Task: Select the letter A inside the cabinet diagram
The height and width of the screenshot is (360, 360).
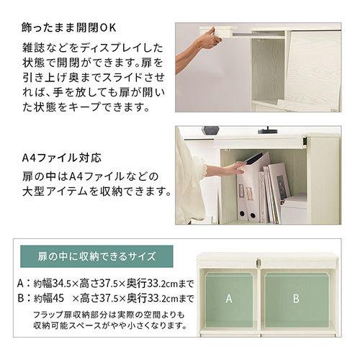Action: [x=229, y=298]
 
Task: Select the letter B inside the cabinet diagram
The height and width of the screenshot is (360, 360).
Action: [x=296, y=298]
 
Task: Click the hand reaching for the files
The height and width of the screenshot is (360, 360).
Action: [x=232, y=169]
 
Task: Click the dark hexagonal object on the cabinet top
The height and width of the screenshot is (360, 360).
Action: [x=211, y=130]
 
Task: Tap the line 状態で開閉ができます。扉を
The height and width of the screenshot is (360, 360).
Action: [x=91, y=63]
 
